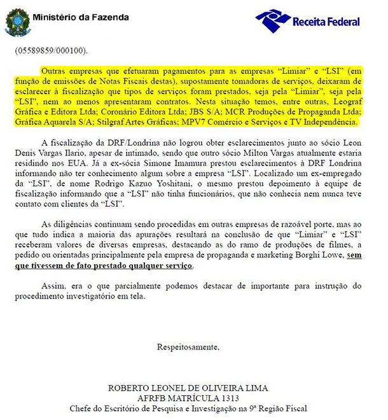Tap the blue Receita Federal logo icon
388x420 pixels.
point(272,20)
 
